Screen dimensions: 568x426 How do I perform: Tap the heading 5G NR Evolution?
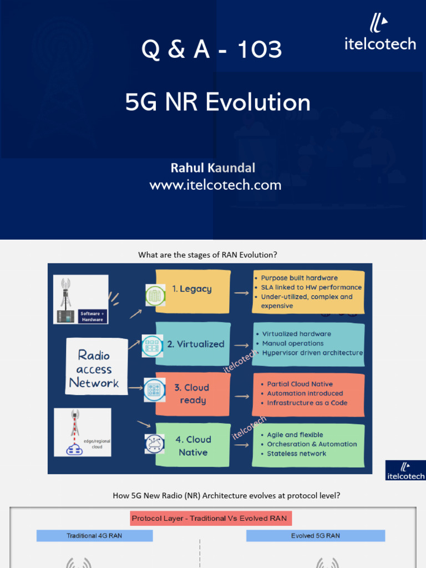[218, 103]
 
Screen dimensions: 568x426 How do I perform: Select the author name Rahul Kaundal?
[213, 167]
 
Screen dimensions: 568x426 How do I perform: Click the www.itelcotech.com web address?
[215, 185]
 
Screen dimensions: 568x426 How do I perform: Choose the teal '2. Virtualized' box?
[192, 344]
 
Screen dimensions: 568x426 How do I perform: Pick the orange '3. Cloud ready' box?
[192, 394]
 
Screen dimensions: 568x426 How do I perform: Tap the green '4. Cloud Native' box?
[192, 445]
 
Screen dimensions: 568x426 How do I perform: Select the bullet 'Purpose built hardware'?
[299, 278]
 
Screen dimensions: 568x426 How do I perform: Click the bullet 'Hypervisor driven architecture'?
[312, 353]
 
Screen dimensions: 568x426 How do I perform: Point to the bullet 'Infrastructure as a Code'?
[307, 403]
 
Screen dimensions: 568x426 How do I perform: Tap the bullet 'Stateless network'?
[296, 453]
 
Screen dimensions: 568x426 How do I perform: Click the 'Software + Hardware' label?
[92, 316]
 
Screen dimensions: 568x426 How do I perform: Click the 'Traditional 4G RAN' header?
[94, 536]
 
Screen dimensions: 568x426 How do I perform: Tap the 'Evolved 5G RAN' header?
[315, 536]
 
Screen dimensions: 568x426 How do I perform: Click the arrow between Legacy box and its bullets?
[241, 291]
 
